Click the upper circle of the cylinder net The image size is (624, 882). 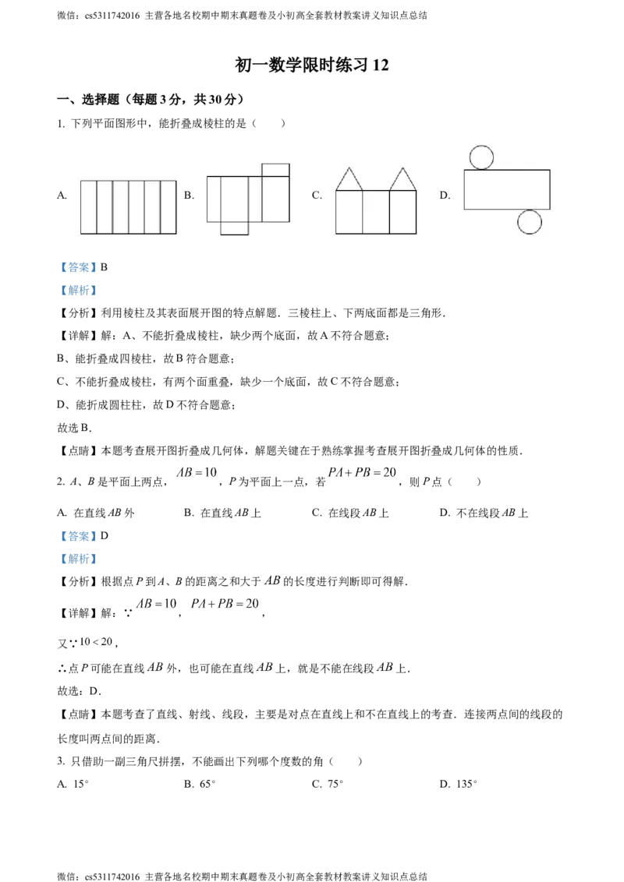(481, 157)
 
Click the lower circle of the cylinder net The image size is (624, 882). (530, 222)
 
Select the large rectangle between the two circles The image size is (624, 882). (507, 189)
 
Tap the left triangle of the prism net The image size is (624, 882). (349, 182)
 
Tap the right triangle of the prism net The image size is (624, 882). (403, 182)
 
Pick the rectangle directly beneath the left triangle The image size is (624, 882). (349, 212)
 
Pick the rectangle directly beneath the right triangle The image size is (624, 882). (403, 212)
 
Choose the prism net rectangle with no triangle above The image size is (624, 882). (376, 212)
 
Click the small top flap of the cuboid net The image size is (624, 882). (275, 170)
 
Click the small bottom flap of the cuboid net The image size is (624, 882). (234, 228)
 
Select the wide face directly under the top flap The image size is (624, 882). (275, 199)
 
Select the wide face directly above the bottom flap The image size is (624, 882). (234, 199)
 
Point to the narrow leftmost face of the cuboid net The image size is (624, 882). (214, 199)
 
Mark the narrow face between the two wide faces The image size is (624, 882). (255, 199)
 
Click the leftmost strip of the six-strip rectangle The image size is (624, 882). (88, 206)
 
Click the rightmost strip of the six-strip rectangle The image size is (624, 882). (168, 206)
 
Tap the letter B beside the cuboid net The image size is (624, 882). (189, 196)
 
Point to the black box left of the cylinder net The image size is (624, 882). (445, 193)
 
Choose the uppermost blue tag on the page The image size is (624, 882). (78, 268)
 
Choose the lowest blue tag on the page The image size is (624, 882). (78, 559)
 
